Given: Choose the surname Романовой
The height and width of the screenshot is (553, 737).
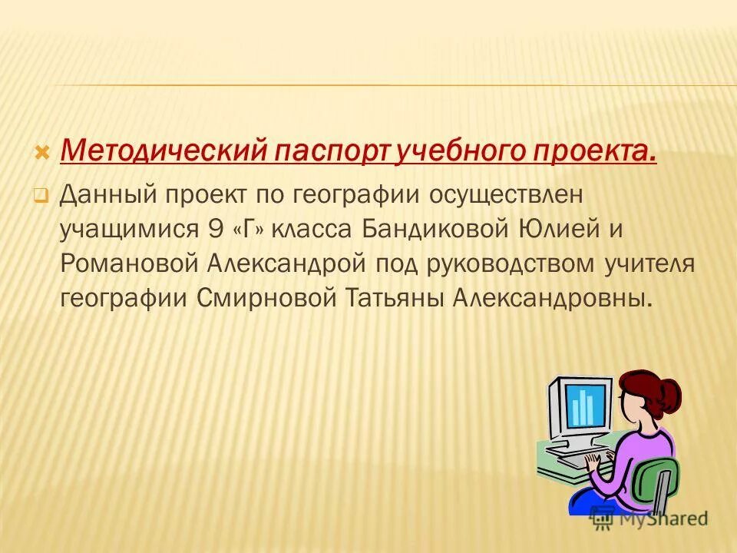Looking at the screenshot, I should tap(128, 263).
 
